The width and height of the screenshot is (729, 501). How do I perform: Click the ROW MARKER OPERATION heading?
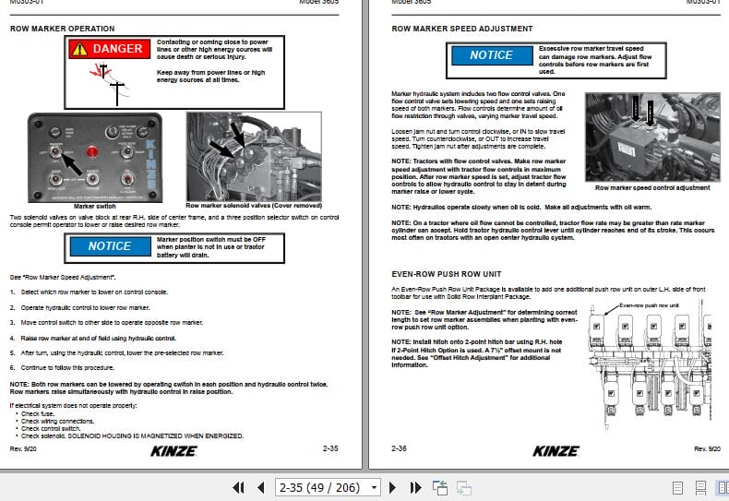click(x=62, y=29)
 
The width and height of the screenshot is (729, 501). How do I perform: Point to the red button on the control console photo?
click(x=91, y=150)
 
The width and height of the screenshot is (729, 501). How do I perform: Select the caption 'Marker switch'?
click(x=94, y=206)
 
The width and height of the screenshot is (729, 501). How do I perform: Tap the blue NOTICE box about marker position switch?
click(x=110, y=246)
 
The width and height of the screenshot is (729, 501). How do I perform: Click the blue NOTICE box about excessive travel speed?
click(x=490, y=55)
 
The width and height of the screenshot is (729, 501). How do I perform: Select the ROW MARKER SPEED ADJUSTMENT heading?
click(x=461, y=29)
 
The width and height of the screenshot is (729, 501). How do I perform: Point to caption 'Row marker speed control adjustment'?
click(x=655, y=187)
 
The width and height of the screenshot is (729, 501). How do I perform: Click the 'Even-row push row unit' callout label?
click(x=649, y=304)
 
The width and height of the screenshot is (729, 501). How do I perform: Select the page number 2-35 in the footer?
click(x=329, y=448)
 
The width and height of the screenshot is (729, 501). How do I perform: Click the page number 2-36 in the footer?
click(x=400, y=448)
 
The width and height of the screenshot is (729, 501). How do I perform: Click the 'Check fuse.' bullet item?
click(x=39, y=413)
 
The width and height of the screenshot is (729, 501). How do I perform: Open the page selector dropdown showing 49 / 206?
click(x=328, y=487)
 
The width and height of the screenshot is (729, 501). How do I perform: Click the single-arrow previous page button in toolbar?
click(x=260, y=487)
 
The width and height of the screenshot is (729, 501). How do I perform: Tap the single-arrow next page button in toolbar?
click(x=392, y=487)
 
